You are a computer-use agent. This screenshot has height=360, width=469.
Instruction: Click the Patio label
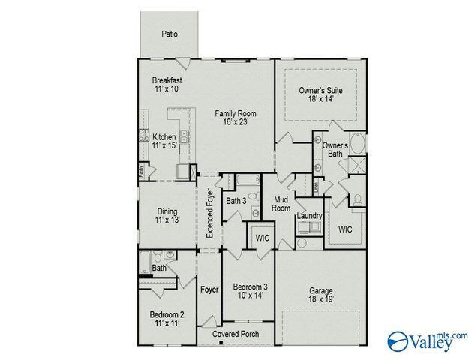(170, 34)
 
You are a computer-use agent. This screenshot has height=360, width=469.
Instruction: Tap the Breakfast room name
(167, 80)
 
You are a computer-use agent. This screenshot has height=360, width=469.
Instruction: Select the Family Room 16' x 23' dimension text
(231, 121)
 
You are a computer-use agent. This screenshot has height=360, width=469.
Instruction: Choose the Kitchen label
(164, 137)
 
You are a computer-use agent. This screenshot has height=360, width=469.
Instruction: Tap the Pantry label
(140, 172)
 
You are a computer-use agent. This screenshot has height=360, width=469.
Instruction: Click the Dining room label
(167, 211)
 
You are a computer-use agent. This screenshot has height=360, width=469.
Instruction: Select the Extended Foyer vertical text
(210, 215)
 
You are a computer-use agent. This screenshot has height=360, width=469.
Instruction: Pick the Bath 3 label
(236, 201)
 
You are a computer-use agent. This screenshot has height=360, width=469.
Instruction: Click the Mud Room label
(281, 204)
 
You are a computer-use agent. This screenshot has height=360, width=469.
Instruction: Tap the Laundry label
(309, 217)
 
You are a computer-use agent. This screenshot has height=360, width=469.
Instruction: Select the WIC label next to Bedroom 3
(262, 237)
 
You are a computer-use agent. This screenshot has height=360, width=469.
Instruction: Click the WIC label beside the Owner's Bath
(346, 229)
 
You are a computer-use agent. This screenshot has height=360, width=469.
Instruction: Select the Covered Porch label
(236, 334)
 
